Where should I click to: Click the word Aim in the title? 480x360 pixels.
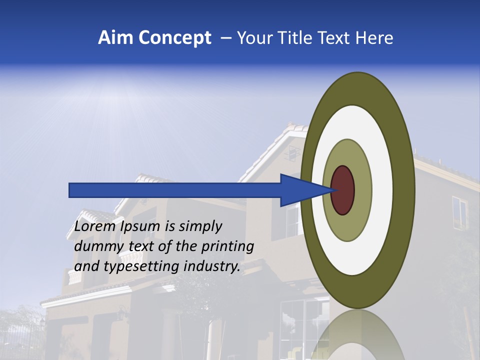pyautogui.click(x=115, y=38)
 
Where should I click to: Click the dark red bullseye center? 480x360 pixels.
pyautogui.click(x=342, y=190)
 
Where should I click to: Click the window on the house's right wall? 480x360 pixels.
pyautogui.click(x=459, y=212)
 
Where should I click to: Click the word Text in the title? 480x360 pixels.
pyautogui.click(x=335, y=38)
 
